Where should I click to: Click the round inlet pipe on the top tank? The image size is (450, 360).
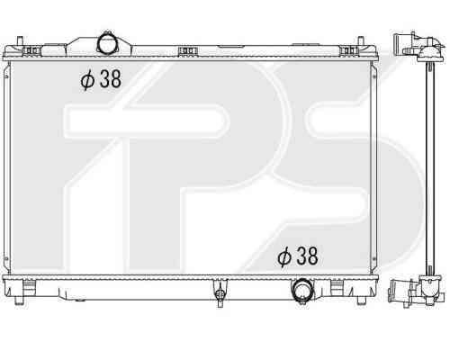point(107,44)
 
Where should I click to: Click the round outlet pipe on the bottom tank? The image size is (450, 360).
point(302,291)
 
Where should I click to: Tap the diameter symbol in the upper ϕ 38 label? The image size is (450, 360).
point(87,79)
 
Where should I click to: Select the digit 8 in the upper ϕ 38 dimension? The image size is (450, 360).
point(115,78)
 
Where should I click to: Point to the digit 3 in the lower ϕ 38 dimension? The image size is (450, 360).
point(301,256)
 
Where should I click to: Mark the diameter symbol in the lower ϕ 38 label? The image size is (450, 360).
point(284,257)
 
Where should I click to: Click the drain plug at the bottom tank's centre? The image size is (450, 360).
point(220,293)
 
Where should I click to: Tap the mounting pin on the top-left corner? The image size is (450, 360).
point(20,43)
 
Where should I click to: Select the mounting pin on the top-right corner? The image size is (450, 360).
point(360,43)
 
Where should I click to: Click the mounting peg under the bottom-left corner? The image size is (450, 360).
point(19,300)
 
